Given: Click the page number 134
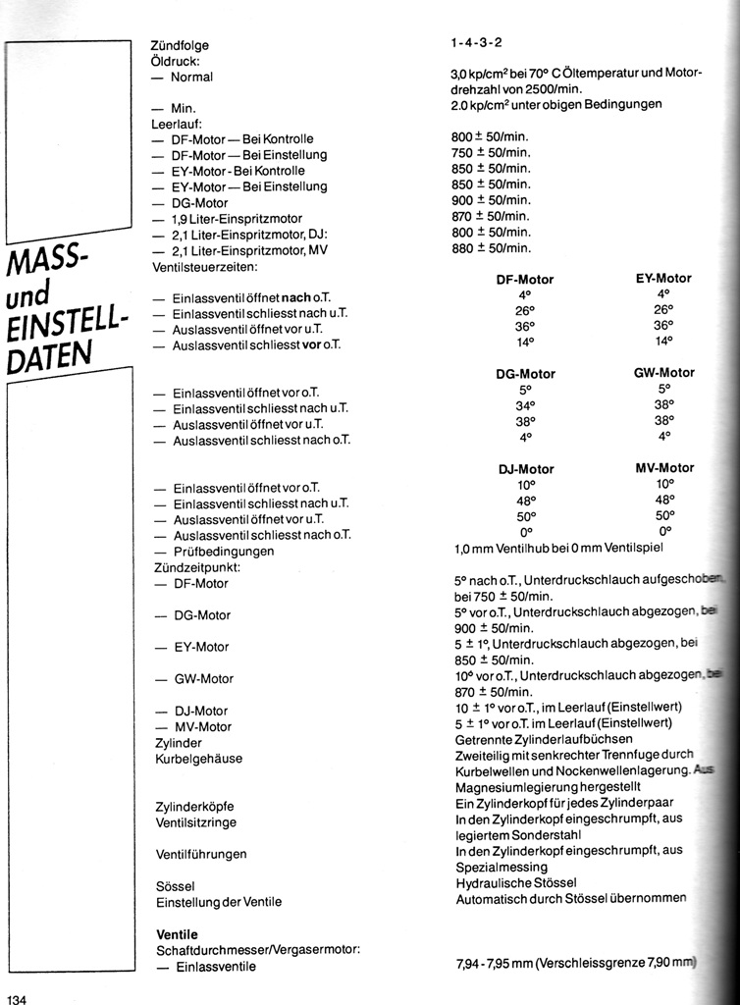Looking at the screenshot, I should [x=18, y=998].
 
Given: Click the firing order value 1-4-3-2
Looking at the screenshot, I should [x=477, y=44].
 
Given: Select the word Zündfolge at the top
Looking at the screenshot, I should [x=180, y=45].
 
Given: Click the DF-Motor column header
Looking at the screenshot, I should [x=525, y=280].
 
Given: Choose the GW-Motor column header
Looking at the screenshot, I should [x=664, y=373].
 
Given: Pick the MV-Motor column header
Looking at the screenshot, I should [x=664, y=467].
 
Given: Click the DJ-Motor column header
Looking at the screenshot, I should [x=526, y=469].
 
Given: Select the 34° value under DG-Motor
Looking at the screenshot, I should [x=525, y=405].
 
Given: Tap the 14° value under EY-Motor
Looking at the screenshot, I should [x=663, y=342].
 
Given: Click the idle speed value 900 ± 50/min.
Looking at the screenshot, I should [x=491, y=200].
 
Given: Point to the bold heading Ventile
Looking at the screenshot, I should [x=177, y=934].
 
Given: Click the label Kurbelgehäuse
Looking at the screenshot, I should [x=199, y=759].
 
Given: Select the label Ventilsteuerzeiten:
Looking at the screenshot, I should [x=204, y=266].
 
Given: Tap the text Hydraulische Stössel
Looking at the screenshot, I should [x=516, y=883].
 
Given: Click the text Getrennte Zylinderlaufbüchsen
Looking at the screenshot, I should [x=545, y=739].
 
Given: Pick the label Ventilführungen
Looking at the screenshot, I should [x=201, y=854].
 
